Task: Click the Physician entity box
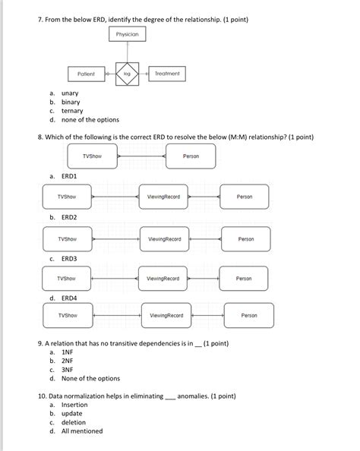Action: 128,35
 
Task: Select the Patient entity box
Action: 86,74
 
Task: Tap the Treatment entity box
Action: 166,74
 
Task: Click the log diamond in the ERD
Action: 127,74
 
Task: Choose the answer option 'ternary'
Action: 72,111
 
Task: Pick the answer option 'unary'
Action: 70,93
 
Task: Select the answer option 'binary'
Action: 71,102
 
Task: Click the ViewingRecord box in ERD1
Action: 163,197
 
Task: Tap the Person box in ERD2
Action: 246,239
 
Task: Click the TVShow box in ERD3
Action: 66,279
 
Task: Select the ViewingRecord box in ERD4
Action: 166,315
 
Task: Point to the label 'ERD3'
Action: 69,258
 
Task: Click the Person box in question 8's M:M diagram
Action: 191,156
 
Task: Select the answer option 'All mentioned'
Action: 81,431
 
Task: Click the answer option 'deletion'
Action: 74,423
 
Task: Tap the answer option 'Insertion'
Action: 75,405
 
